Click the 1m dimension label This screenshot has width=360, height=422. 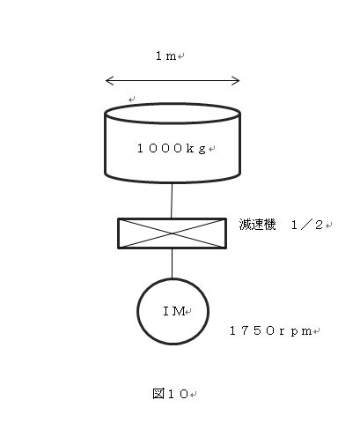pyautogui.click(x=165, y=56)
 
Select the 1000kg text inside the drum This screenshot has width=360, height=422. pyautogui.click(x=172, y=148)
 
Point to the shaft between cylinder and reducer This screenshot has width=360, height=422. pyautogui.click(x=172, y=201)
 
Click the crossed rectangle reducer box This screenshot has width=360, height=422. pyautogui.click(x=172, y=233)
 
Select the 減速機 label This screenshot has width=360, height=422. pyautogui.click(x=257, y=225)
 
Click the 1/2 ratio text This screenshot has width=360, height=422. pyautogui.click(x=307, y=226)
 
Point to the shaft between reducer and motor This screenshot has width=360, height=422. pyautogui.click(x=172, y=263)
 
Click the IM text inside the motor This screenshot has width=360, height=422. pyautogui.click(x=174, y=311)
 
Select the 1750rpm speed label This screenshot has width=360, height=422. pyautogui.click(x=270, y=331)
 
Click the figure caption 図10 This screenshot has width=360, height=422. pyautogui.click(x=170, y=394)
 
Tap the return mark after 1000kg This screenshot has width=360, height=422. pyautogui.click(x=212, y=149)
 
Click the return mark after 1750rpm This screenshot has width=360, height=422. pyautogui.click(x=316, y=331)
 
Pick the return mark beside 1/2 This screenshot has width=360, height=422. pyautogui.click(x=328, y=226)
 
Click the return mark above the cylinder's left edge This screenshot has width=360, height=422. pyautogui.click(x=132, y=100)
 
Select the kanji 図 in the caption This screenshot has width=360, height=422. pyautogui.click(x=158, y=394)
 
